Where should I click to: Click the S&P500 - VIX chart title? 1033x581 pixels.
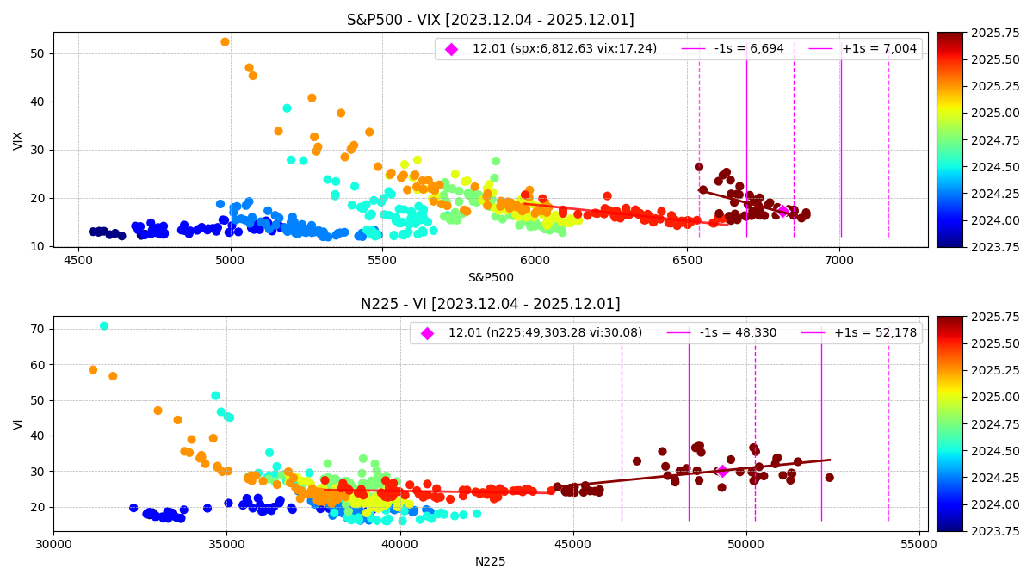coord(490,20)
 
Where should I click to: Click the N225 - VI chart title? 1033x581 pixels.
coord(490,304)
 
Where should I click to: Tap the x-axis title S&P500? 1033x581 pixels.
coord(491,277)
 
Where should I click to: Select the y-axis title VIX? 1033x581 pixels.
coord(19,140)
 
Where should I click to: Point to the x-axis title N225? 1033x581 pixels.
coord(491,561)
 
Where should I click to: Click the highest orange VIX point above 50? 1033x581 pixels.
coord(225,42)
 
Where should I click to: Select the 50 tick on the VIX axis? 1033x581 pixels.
coord(37,53)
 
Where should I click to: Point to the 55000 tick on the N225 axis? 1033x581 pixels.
coord(919,545)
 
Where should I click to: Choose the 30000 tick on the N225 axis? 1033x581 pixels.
coord(53,545)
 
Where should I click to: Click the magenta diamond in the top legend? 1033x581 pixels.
coord(451,49)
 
